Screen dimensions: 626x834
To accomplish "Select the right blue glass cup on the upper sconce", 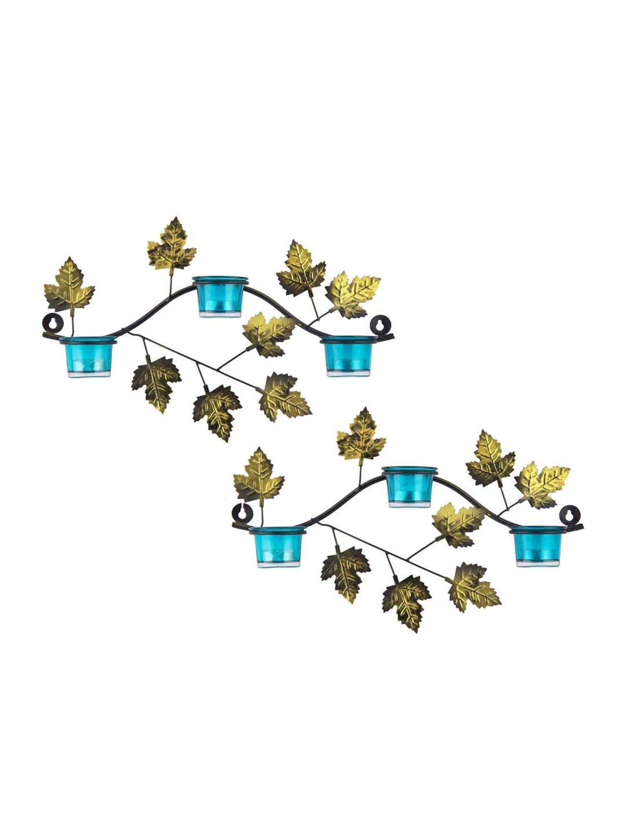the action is [x=347, y=357].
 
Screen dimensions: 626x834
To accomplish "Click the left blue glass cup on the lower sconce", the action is [x=278, y=547].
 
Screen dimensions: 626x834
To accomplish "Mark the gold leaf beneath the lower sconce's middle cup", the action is [x=458, y=524].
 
